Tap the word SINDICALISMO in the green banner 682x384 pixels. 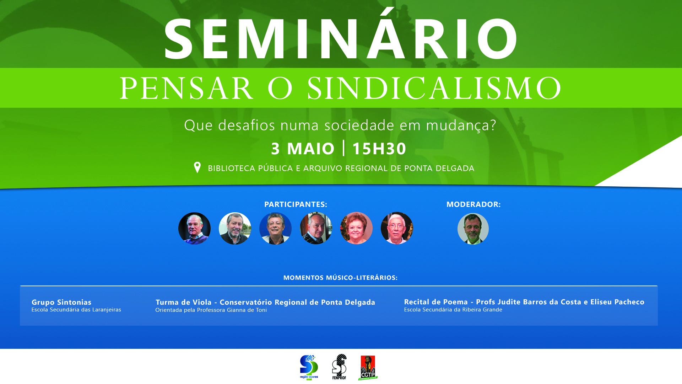(434, 88)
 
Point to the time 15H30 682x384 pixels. (379, 148)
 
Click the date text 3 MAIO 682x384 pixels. (303, 148)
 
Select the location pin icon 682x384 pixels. (197, 167)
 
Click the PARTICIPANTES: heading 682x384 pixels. (296, 204)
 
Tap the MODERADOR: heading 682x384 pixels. (473, 204)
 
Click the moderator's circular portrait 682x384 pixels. (473, 229)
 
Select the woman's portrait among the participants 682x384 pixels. (356, 228)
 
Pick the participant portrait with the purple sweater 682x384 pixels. (194, 228)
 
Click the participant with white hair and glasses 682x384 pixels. (397, 228)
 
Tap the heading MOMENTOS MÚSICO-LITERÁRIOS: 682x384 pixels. (340, 278)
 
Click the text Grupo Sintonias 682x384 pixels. (61, 302)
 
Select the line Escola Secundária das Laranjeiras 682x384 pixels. (76, 310)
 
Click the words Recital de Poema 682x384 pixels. (436, 302)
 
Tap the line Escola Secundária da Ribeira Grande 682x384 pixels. (453, 310)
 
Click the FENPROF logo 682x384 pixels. (339, 367)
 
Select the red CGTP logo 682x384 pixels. (368, 368)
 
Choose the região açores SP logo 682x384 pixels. (309, 367)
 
